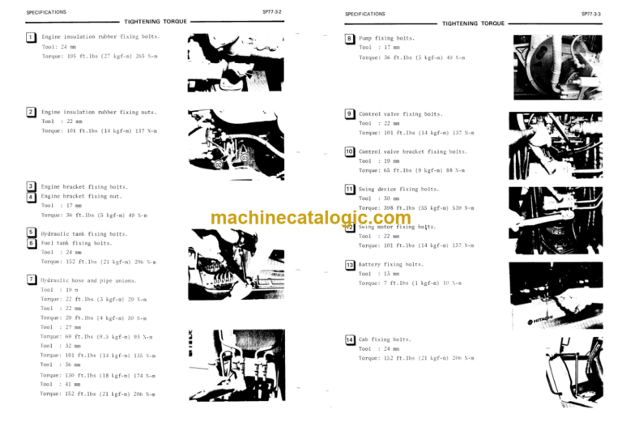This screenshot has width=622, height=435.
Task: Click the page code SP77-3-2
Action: point(272,13)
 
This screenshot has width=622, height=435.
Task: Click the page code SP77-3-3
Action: point(591,14)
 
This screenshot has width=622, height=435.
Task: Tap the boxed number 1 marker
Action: point(31,37)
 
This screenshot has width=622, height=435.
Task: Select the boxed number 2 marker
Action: point(31,112)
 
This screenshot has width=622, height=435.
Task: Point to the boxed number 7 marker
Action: point(31,279)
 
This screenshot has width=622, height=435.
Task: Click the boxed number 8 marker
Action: point(349,38)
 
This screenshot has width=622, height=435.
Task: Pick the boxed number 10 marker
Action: point(349,151)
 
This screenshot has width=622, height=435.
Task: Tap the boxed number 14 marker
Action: point(349,339)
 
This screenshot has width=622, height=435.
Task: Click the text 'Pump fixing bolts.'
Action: point(386,38)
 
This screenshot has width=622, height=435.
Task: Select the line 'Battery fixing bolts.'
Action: point(391,264)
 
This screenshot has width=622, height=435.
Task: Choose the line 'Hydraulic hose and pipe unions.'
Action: point(90,279)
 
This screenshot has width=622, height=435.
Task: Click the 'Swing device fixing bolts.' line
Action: point(398,189)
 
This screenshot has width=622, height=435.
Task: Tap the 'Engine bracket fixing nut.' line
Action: point(81,196)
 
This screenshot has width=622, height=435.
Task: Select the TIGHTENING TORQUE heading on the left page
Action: point(155,22)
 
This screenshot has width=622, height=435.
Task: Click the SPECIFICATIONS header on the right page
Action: point(364,14)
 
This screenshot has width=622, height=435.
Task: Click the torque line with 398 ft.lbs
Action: point(416,208)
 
